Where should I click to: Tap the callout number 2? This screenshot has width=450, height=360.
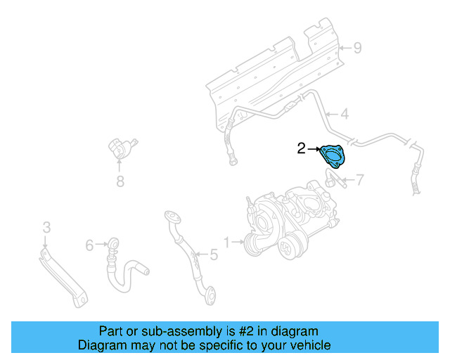(x=301, y=148)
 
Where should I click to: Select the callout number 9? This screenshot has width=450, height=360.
(x=357, y=48)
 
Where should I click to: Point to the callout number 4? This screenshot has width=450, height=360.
(x=345, y=114)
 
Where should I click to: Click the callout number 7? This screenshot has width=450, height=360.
(x=359, y=180)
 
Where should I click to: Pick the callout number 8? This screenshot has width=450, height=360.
(x=120, y=183)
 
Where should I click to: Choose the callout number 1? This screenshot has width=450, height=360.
(x=227, y=243)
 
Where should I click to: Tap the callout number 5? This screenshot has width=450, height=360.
(x=214, y=254)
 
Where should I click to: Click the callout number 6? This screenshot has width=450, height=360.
(x=89, y=245)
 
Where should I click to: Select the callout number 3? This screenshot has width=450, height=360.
(x=46, y=227)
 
